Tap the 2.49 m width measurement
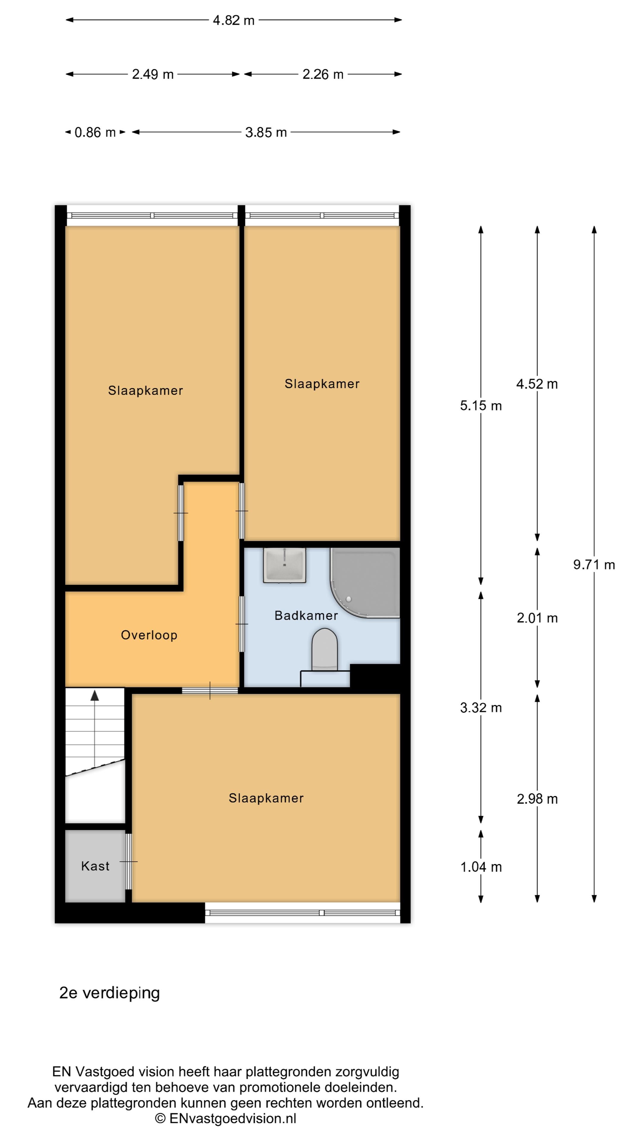click(153, 74)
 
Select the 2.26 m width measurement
click(323, 74)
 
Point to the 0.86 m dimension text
click(95, 133)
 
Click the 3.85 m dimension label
click(266, 133)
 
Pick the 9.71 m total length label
click(594, 565)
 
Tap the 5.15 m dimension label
click(481, 406)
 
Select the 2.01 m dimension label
click(537, 618)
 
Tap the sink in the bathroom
click(284, 565)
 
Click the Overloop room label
click(149, 635)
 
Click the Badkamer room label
click(306, 615)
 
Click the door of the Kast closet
click(128, 861)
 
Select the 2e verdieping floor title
click(109, 993)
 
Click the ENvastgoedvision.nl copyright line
click(226, 1118)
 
